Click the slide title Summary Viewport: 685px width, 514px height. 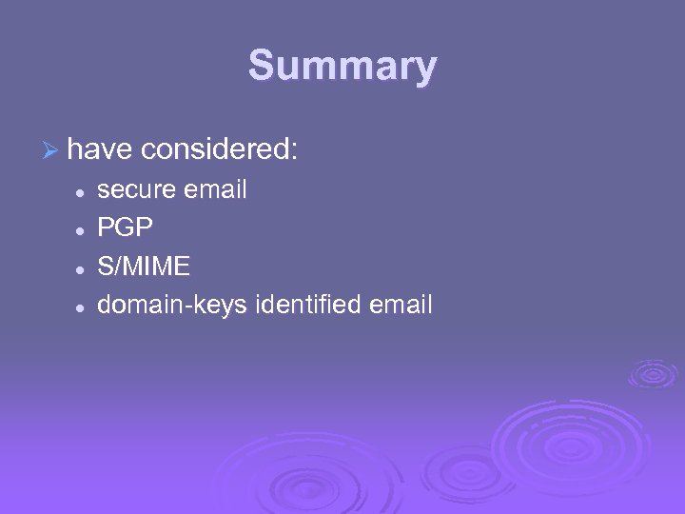click(342, 67)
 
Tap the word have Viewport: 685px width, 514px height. click(100, 149)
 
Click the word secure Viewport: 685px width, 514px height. click(137, 190)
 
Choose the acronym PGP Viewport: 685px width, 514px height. click(125, 228)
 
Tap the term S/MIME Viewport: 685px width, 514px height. click(144, 267)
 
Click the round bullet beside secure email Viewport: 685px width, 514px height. click(82, 191)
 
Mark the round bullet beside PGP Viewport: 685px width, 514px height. click(82, 229)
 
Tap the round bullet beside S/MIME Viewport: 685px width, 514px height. click(82, 267)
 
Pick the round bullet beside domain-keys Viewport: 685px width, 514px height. click(82, 306)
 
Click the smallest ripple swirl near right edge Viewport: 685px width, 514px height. click(653, 374)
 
